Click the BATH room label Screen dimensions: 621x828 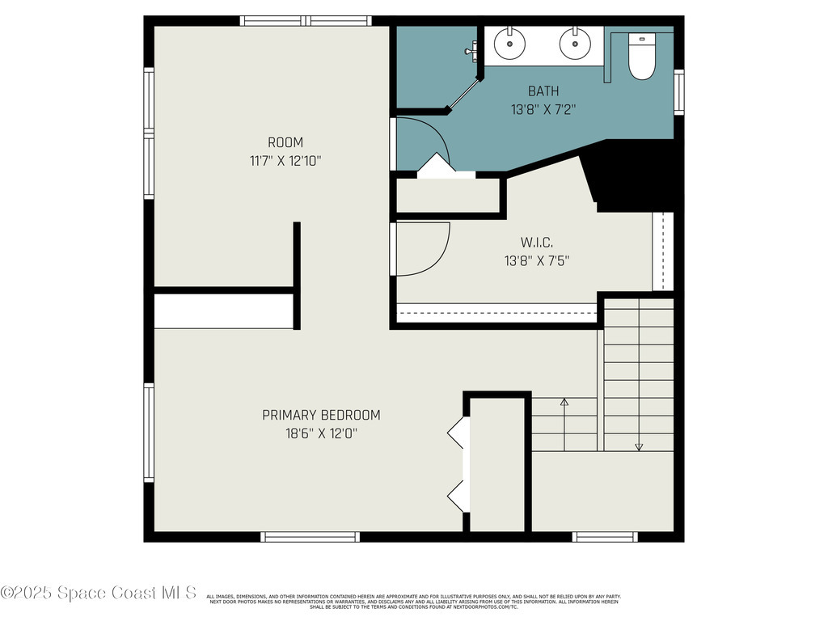pyautogui.click(x=543, y=91)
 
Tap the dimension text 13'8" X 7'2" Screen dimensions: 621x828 pyautogui.click(x=543, y=109)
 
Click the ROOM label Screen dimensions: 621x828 pyautogui.click(x=285, y=142)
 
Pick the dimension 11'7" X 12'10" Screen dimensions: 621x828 pyautogui.click(x=285, y=161)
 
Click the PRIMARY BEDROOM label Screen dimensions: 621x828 pyautogui.click(x=321, y=415)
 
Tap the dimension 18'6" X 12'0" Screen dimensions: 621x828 pyautogui.click(x=321, y=433)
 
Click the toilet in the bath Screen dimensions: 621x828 pyautogui.click(x=642, y=58)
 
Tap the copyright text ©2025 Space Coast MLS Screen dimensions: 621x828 pyautogui.click(x=99, y=593)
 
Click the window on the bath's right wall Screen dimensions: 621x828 pyautogui.click(x=679, y=91)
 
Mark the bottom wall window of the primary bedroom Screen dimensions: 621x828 pyautogui.click(x=310, y=536)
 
